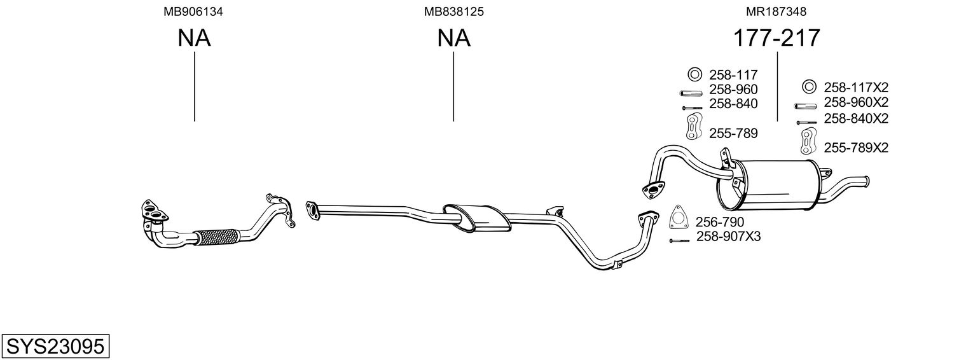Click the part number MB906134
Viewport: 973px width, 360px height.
coord(194,11)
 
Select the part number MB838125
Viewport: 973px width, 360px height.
coord(453,11)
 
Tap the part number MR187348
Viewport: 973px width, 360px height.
coord(777,11)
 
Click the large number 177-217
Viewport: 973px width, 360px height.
coord(777,39)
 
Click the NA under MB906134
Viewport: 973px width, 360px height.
coord(194,39)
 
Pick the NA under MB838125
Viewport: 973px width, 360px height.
coord(453,39)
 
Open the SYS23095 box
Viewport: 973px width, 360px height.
coord(55,347)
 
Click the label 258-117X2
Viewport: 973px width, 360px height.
coord(856,87)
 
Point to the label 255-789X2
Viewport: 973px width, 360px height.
coord(856,148)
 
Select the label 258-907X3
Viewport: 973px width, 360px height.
coord(728,237)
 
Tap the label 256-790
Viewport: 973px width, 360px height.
coord(719,222)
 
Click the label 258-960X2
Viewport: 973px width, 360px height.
coord(856,102)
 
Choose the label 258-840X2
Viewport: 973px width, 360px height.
coord(856,118)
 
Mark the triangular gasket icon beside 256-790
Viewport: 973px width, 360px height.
coord(680,218)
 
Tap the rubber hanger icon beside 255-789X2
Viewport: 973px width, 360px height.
coord(808,141)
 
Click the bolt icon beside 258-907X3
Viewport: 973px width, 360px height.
coord(679,240)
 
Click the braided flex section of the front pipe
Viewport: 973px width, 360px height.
coord(216,237)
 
